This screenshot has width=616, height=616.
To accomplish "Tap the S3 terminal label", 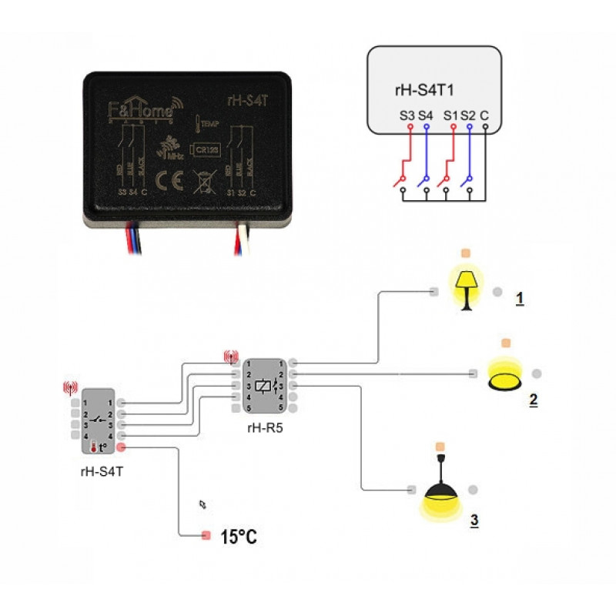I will (x=407, y=116).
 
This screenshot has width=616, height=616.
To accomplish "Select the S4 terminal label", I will (x=426, y=116).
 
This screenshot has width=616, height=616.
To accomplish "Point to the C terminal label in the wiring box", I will (x=484, y=116).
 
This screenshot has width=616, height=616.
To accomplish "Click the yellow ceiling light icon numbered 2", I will (x=506, y=374).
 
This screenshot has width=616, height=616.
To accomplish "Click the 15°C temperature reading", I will (x=239, y=537).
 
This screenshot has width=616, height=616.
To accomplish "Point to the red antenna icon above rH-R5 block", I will (x=230, y=357).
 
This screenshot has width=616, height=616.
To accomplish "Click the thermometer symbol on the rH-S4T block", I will (x=93, y=447).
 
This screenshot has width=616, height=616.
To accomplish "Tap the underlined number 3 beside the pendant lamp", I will (x=474, y=521).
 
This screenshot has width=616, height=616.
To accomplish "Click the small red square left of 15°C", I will (x=206, y=535).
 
